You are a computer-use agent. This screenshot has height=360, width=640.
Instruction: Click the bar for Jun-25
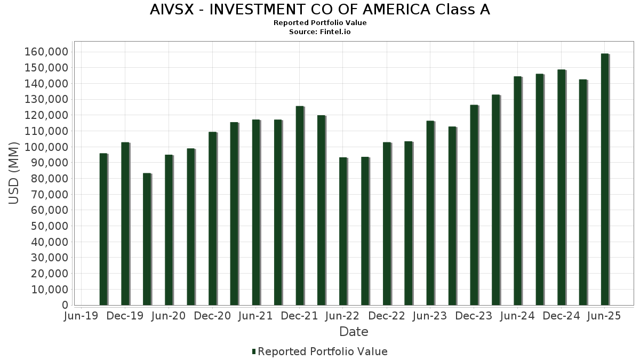604,179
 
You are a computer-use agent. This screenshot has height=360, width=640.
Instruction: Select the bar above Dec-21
300,205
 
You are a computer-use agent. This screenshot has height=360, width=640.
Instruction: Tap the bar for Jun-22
343,231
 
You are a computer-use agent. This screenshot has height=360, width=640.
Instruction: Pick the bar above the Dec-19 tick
125,223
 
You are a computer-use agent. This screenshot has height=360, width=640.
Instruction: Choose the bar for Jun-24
517,190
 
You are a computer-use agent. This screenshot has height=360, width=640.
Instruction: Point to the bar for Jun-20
169,230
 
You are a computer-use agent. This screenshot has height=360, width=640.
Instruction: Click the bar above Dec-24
561,187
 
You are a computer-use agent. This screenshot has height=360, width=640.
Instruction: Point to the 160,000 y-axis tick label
46,52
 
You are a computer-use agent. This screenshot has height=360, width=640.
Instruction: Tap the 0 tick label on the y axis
65,305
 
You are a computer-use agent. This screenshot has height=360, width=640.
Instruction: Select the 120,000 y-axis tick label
46,115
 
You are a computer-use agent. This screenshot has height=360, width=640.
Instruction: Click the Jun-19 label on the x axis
81,316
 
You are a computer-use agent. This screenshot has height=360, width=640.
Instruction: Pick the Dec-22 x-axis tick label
387,316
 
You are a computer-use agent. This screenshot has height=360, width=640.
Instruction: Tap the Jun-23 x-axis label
430,316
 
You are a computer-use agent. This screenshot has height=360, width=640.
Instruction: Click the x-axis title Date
354,332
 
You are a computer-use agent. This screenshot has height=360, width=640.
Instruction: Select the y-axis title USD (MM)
14,173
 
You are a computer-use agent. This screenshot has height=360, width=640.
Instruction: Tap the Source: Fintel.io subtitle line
320,32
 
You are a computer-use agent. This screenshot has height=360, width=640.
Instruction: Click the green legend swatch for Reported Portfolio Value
254,351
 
